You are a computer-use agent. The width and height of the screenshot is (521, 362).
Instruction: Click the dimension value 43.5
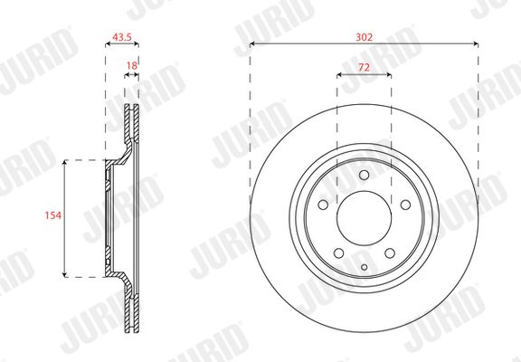point(122,37)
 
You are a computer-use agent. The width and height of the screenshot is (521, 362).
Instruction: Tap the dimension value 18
point(132,66)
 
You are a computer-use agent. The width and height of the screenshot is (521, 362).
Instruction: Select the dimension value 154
point(53,215)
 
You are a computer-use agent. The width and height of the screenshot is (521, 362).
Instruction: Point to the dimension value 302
point(364,37)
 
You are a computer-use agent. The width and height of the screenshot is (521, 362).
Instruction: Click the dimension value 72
point(365,68)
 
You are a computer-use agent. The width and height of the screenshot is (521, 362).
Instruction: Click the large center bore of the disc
point(365,218)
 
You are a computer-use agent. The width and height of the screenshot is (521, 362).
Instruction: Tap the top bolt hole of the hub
point(365,175)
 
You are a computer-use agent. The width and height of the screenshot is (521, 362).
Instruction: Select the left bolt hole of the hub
point(323,205)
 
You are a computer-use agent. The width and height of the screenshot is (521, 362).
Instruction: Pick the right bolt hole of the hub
point(405,205)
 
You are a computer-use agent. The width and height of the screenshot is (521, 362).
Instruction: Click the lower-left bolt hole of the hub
point(338,253)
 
